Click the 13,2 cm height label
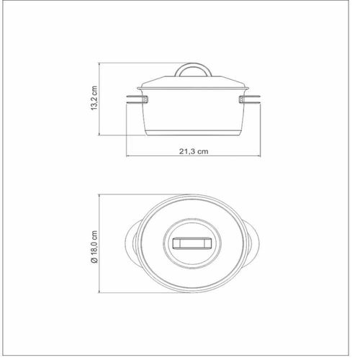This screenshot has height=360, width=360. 94,98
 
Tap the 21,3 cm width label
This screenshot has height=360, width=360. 194,151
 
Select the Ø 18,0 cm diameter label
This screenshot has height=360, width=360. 94,247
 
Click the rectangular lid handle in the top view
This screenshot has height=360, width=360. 192,243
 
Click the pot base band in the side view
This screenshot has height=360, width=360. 193,133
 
